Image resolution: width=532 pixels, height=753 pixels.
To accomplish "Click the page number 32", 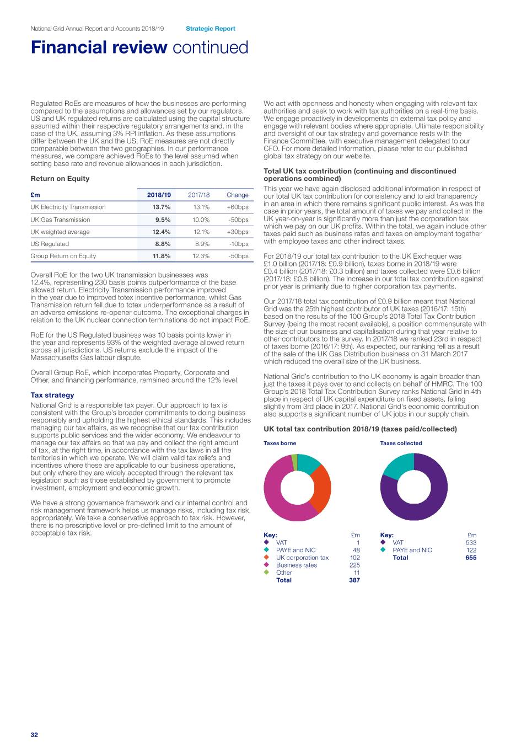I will click(x=34, y=735).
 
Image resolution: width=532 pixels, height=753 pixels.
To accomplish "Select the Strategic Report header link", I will click(x=210, y=29).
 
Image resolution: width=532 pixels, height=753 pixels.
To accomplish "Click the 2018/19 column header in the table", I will click(x=159, y=195).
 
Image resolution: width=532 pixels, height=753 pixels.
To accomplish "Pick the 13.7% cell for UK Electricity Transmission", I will click(x=162, y=207).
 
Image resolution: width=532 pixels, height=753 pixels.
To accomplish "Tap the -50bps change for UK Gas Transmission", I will click(x=238, y=220).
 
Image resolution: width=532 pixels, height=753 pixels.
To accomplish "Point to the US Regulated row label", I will click(x=50, y=244).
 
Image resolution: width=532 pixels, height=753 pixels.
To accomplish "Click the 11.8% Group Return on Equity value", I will click(x=162, y=256).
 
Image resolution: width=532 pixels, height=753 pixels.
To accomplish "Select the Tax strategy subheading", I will click(x=52, y=395).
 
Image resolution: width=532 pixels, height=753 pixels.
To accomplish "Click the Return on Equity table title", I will click(x=60, y=179).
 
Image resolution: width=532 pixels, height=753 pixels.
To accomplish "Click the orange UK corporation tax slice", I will click(x=321, y=488).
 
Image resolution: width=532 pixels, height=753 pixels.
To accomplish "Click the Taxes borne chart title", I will click(x=280, y=443).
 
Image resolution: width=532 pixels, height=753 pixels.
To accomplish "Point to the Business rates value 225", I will click(x=354, y=565).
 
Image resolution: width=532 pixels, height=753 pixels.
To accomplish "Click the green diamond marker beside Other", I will click(x=266, y=573).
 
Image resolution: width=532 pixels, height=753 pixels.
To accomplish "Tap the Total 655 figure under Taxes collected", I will click(x=471, y=558).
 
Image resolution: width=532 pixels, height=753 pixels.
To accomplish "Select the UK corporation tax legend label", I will click(x=302, y=558).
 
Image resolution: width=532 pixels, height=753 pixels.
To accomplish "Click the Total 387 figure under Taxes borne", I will click(x=354, y=580).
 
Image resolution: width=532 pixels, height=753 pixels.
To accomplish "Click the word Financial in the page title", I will click(x=99, y=47).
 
